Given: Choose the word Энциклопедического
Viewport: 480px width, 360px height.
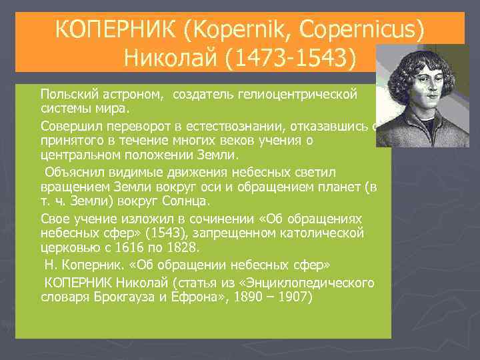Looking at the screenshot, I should [x=317, y=282].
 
